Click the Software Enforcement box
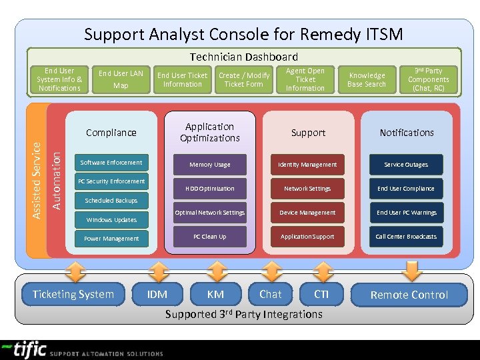coord(111,163)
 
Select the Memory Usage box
coord(209,165)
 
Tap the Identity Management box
coord(307,165)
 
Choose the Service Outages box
coord(406,165)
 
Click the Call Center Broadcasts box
coord(406,237)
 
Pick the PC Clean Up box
coord(209,237)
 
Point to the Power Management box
coord(111,239)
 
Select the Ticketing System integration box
coord(73,295)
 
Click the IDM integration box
coord(157,295)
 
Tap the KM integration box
coord(215,295)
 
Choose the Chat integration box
coord(271,295)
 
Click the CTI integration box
coord(322,295)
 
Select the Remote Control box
coord(409,295)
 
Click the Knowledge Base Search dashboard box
coord(367,80)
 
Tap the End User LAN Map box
coord(121,79)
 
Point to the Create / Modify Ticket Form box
coord(244,80)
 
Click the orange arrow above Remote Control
coord(413,270)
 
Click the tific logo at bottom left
coord(23,350)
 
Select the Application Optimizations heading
coord(209,132)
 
